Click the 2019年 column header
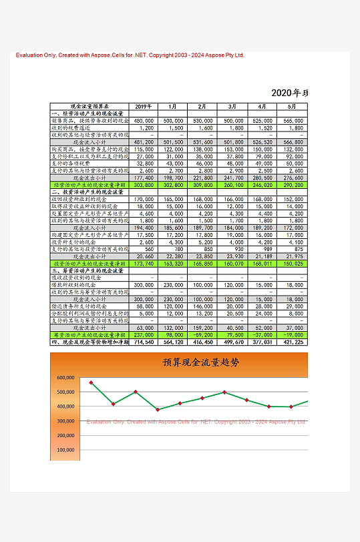[x=144, y=106]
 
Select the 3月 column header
[x=232, y=106]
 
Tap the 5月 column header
[x=292, y=106]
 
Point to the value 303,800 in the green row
[x=144, y=184]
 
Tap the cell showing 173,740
[x=144, y=263]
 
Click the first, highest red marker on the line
[x=91, y=382]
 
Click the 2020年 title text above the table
[x=289, y=93]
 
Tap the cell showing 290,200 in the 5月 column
[x=292, y=184]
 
